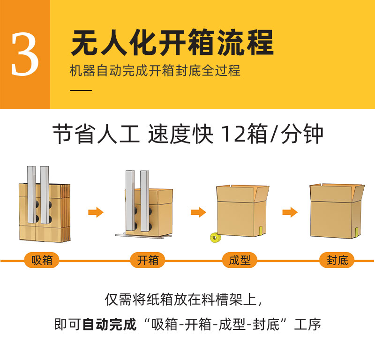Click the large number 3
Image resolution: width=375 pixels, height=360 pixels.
coord(25,55)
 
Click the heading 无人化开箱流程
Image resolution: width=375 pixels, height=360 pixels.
coord(172,43)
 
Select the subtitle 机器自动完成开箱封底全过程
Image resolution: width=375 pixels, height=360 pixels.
coord(155,71)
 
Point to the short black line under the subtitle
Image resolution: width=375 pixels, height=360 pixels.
coord(81,89)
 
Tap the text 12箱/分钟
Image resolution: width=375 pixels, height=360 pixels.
coord(272,135)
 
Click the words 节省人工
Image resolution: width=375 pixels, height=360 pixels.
coord(96,135)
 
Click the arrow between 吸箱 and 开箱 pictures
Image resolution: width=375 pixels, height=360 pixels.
coord(96,212)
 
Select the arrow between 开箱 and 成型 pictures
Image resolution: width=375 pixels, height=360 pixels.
coord(198,212)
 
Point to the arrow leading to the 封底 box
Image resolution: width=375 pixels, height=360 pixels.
coord(290,212)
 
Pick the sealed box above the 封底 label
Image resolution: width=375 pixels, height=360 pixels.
coord(336,210)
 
